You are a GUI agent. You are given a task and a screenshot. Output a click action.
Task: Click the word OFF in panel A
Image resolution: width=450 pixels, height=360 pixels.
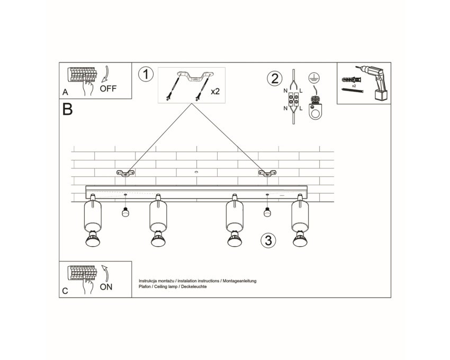[x=108, y=88]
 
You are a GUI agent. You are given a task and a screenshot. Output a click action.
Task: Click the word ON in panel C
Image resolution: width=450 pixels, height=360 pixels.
[x=106, y=287]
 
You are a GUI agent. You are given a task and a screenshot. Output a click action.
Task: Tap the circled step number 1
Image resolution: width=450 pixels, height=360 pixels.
[x=146, y=74]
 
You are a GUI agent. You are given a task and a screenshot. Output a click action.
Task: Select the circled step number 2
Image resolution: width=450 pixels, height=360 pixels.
[x=275, y=78]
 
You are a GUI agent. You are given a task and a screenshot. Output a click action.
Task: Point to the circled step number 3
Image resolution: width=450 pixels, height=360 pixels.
[x=268, y=240]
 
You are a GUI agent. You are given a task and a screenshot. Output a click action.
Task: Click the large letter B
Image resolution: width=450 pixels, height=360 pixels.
[x=67, y=110]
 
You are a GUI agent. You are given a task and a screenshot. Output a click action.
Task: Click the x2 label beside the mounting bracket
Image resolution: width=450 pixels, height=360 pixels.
[x=215, y=91]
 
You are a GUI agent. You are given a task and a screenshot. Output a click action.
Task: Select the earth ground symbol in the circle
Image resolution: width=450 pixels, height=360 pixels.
[x=314, y=78]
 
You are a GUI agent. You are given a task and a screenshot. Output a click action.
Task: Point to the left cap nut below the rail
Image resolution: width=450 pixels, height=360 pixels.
[x=125, y=212]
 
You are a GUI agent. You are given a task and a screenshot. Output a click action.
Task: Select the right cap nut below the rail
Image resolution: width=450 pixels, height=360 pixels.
[x=267, y=212]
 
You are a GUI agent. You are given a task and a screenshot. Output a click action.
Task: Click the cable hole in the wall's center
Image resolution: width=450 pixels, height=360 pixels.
[x=196, y=172]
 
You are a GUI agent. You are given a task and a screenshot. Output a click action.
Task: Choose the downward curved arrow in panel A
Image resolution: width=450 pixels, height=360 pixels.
[x=106, y=74]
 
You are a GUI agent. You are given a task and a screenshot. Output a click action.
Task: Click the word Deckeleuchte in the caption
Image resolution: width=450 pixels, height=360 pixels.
[x=195, y=286]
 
